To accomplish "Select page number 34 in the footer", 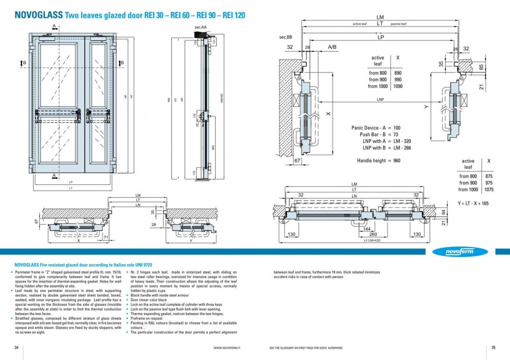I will (x=16, y=347).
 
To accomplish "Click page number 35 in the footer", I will (x=493, y=347).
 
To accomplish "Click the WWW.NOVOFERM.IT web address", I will (x=230, y=348).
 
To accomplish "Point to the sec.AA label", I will (x=200, y=27).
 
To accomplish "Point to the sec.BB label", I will (x=285, y=37).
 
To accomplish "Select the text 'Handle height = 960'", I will (x=378, y=161).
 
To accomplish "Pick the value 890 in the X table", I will (x=397, y=73).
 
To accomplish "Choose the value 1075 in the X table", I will (x=489, y=189).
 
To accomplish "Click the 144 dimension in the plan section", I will (x=366, y=228).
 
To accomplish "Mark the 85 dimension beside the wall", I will (x=481, y=68).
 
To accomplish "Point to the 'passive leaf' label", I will (x=398, y=24).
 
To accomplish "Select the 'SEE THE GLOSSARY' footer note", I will (x=305, y=348).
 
